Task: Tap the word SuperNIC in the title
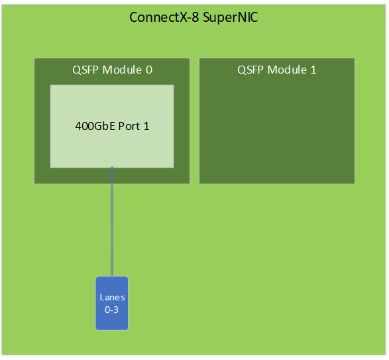pos(231,17)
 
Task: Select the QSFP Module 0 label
pos(112,70)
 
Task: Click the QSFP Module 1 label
pos(277,70)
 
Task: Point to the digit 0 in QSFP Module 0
pos(149,70)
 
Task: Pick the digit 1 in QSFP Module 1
pos(313,70)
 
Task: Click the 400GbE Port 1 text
pos(112,126)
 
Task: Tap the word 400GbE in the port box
pos(95,126)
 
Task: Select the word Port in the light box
pos(129,126)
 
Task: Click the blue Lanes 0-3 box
pos(112,303)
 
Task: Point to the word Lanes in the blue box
pos(112,297)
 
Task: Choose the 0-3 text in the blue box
pos(111,310)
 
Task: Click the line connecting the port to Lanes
pos(112,221)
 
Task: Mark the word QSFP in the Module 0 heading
pos(85,70)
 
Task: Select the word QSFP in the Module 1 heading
pos(250,70)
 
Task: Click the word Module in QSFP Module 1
pos(287,70)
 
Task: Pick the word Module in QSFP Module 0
pos(122,70)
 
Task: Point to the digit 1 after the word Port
pos(146,126)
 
